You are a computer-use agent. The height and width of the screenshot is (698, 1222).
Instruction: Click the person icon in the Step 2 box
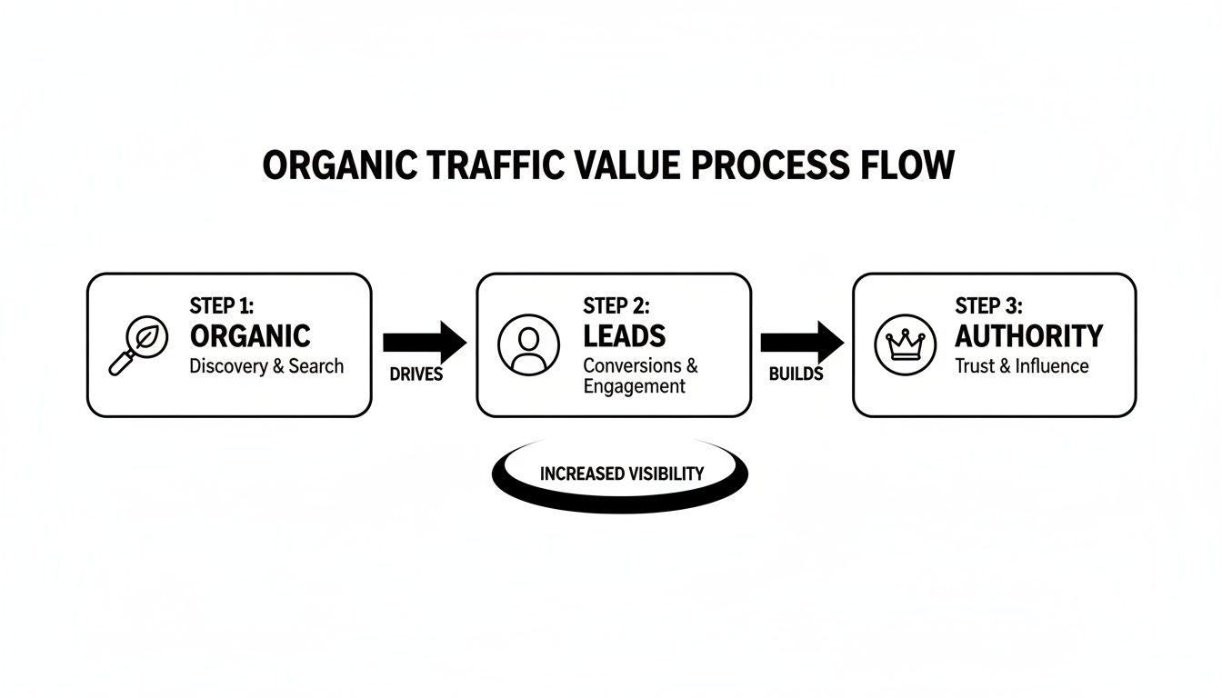(x=528, y=345)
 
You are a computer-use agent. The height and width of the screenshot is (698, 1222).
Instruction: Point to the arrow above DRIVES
(x=424, y=343)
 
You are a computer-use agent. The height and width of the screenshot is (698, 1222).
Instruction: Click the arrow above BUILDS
(x=801, y=343)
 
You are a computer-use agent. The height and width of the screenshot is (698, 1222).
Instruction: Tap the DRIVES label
(x=416, y=374)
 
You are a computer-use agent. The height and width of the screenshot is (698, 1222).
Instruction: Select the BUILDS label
(x=796, y=374)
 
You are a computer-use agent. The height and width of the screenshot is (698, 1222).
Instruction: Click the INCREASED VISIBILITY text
(x=621, y=474)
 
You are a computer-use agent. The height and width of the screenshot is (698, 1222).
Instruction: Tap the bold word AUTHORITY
(x=1028, y=335)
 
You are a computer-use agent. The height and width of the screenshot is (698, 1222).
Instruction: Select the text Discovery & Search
(x=266, y=366)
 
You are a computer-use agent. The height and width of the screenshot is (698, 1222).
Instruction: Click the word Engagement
(x=634, y=385)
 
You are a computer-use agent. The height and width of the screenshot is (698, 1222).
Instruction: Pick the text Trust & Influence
(x=1021, y=366)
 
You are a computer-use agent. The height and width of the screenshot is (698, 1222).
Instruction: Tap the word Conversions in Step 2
(x=633, y=365)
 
